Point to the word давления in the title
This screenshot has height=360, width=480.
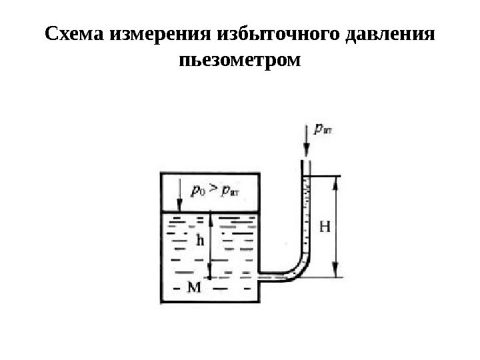coord(395,34)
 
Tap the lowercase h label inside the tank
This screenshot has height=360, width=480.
coord(199,241)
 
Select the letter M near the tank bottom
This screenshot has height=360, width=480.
coord(193,287)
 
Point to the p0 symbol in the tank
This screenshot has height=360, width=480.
coord(198,192)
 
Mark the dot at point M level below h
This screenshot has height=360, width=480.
coord(210,278)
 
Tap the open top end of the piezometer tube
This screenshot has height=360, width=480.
coord(306,161)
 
